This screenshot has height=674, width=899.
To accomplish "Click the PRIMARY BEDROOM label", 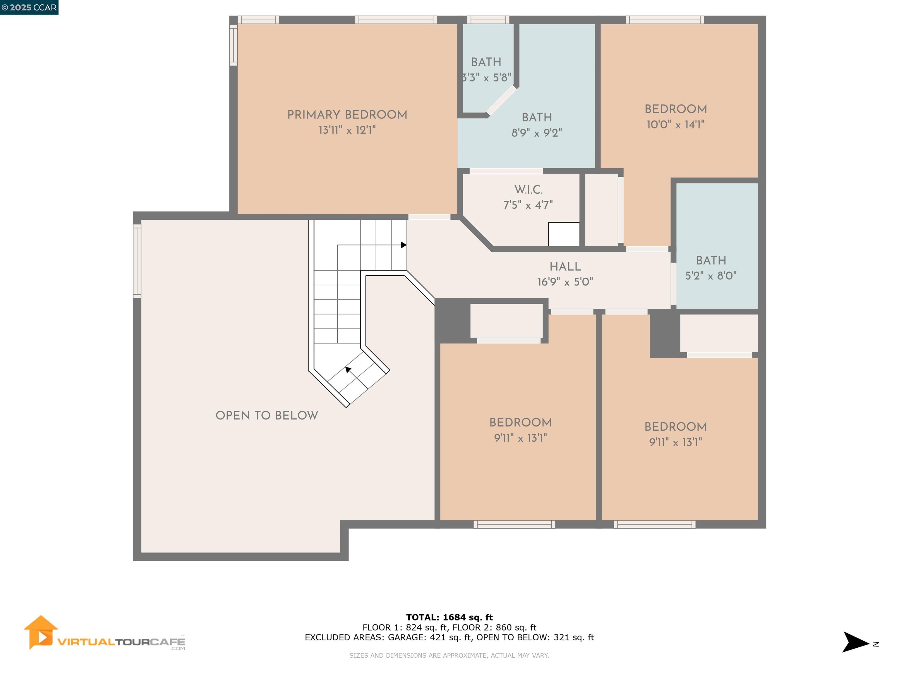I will [347, 115].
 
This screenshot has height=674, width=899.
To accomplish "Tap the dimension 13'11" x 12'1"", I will [347, 130].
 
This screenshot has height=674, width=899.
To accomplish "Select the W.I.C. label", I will [528, 190].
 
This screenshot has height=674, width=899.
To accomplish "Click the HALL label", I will [565, 266].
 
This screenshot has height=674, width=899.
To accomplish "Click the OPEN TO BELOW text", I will [267, 415].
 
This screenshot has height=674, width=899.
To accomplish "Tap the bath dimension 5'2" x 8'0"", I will [711, 276].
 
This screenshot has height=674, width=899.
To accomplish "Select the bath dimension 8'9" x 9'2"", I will [536, 133].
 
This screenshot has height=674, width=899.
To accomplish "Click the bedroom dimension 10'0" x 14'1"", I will [675, 125].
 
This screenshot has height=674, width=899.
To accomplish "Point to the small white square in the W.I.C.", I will [564, 234].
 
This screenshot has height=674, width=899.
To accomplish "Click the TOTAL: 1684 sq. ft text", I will [449, 618].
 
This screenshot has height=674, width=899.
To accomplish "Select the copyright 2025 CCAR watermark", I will [29, 7].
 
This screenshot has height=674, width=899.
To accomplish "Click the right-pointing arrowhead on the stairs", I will [404, 245].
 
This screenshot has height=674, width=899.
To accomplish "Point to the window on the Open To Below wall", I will [137, 261].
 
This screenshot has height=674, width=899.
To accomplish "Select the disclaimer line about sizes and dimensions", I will [449, 655].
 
